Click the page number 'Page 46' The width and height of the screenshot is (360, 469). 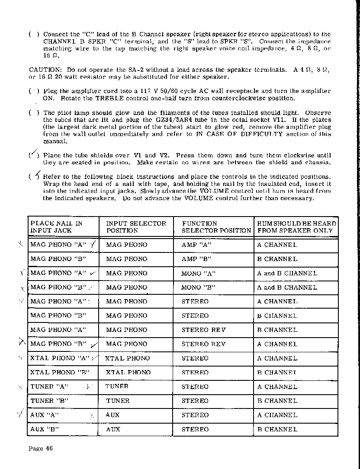(x=40, y=448)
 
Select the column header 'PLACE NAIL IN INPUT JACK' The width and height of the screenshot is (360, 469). (x=56, y=227)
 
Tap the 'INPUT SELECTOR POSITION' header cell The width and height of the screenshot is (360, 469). (x=136, y=227)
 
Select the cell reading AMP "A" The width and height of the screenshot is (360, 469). (x=196, y=245)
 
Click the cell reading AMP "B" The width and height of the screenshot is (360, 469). (x=196, y=259)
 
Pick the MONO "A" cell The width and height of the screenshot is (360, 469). (x=198, y=273)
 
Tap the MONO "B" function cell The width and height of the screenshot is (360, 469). (x=198, y=287)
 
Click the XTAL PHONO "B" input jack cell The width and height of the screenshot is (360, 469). (x=59, y=372)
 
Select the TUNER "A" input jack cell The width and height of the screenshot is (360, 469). (x=49, y=386)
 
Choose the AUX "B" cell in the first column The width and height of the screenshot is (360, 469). (x=44, y=429)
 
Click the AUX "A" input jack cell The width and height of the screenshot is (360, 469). (x=44, y=415)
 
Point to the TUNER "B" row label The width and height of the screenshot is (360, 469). (x=49, y=401)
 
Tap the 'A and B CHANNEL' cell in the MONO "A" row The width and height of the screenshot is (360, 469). (x=287, y=273)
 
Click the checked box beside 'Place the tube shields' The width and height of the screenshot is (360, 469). (x=33, y=155)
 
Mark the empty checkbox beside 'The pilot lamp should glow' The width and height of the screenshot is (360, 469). (x=33, y=113)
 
